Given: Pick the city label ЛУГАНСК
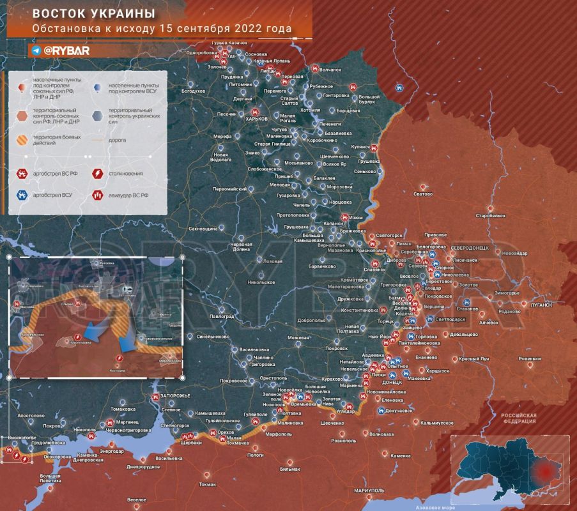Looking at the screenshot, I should tap(541, 305).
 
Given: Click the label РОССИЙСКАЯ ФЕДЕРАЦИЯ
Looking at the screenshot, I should tap(518, 418).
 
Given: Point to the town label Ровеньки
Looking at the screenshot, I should tap(530, 358).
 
